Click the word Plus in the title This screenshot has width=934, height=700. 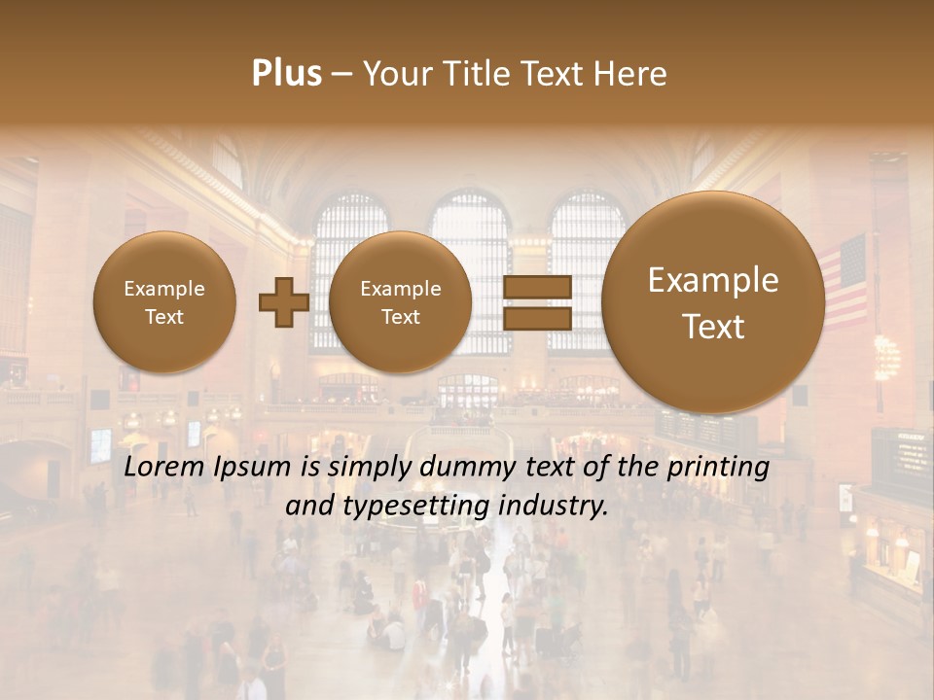tap(286, 74)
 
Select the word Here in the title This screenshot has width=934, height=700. tap(631, 74)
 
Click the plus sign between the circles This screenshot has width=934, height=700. tap(283, 301)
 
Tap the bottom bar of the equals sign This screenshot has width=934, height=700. tap(536, 319)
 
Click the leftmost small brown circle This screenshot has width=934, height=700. tap(164, 302)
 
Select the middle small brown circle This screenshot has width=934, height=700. tap(400, 302)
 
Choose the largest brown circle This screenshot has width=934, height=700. tap(713, 302)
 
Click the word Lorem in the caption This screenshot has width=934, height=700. tap(165, 467)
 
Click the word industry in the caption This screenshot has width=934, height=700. tap(554, 507)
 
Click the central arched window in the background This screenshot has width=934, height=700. tap(471, 272)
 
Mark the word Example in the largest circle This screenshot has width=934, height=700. tap(713, 280)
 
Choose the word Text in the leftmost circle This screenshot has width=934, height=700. tap(164, 317)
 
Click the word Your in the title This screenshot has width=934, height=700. tap(395, 74)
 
